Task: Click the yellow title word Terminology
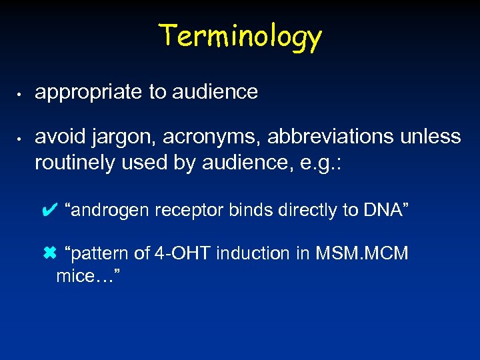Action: tap(240, 36)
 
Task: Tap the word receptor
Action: tap(191, 211)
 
